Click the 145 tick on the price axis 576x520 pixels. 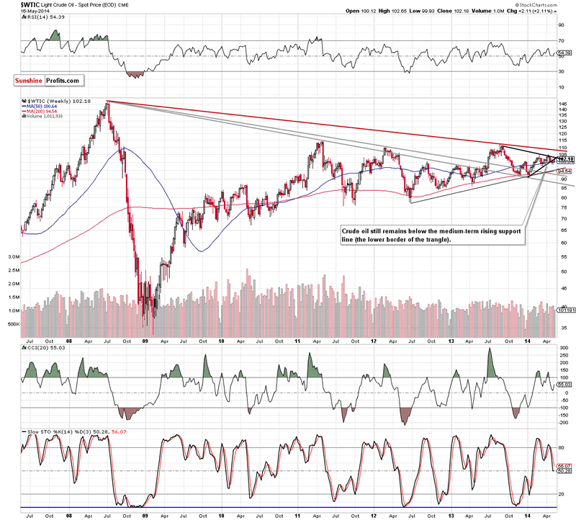pos(559,104)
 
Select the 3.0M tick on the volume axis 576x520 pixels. pos(13,256)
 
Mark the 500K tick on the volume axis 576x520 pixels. pos(12,324)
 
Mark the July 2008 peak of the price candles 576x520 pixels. pos(107,102)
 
